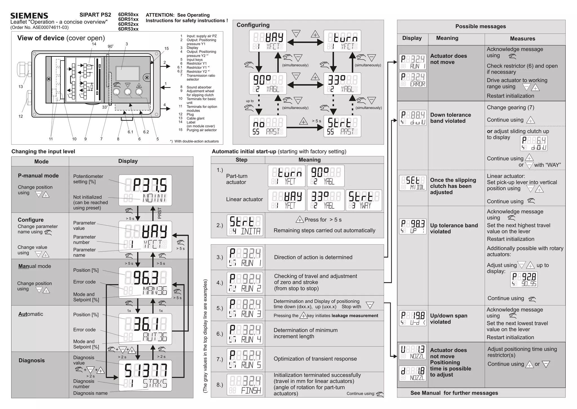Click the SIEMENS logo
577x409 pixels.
29,16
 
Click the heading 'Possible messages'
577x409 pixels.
481,26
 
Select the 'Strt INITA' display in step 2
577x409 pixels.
245,225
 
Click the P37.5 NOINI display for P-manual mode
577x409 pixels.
145,190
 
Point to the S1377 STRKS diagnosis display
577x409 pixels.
145,375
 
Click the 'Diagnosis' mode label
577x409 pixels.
32,360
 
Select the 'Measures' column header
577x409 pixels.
522,39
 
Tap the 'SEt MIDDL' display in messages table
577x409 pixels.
412,183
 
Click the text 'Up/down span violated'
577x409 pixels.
449,319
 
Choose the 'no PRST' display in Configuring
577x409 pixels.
268,126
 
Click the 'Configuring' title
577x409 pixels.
253,25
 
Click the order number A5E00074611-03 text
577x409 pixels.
39,27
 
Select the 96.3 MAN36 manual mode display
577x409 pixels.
145,283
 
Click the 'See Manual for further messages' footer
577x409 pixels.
454,393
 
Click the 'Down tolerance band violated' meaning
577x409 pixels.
450,118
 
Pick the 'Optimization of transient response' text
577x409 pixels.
315,359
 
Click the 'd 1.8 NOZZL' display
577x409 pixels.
412,373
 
